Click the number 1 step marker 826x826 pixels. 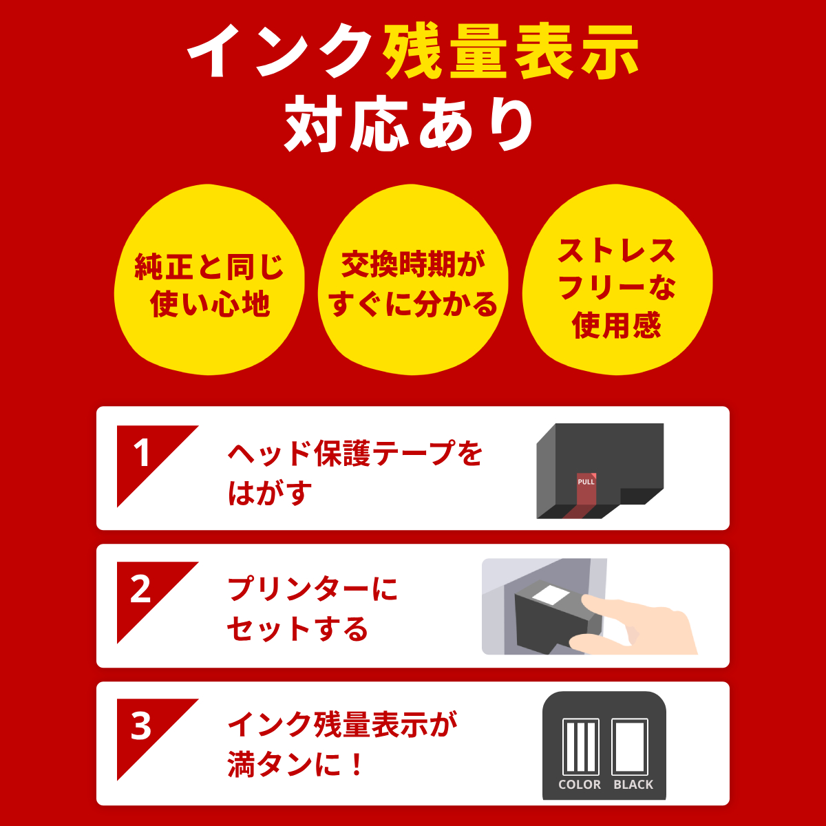(x=142, y=454)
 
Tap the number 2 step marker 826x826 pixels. (x=141, y=591)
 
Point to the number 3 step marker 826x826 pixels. (x=141, y=727)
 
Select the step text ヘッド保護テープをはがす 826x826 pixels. (x=354, y=473)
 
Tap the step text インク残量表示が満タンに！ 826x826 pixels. (x=342, y=745)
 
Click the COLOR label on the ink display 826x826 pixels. (x=580, y=785)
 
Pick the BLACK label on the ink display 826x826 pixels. (x=633, y=785)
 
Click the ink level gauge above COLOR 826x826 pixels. (x=580, y=747)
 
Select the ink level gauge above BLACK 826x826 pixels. (x=630, y=747)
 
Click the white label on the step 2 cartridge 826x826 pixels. (x=549, y=594)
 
